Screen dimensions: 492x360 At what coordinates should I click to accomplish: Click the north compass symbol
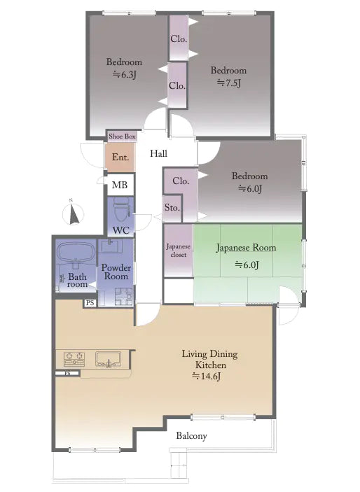(x=74, y=212)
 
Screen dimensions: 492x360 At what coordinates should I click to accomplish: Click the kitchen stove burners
(x=74, y=360)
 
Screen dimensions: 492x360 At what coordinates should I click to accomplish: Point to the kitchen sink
(x=108, y=360)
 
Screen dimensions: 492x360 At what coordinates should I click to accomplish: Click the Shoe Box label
(x=121, y=136)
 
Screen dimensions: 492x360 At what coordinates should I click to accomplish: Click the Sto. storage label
(x=172, y=208)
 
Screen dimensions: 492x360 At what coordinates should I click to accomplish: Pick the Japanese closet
(x=178, y=251)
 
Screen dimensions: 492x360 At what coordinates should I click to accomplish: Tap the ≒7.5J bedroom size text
(x=228, y=83)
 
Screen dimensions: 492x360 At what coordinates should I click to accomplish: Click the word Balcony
(x=191, y=435)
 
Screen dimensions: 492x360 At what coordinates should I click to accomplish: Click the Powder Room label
(x=116, y=272)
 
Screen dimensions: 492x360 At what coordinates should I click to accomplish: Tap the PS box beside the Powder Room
(x=90, y=303)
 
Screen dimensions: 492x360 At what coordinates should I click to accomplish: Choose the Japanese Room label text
(x=246, y=248)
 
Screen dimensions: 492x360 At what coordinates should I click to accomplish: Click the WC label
(x=120, y=230)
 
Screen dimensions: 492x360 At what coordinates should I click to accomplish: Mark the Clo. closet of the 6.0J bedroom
(x=181, y=181)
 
